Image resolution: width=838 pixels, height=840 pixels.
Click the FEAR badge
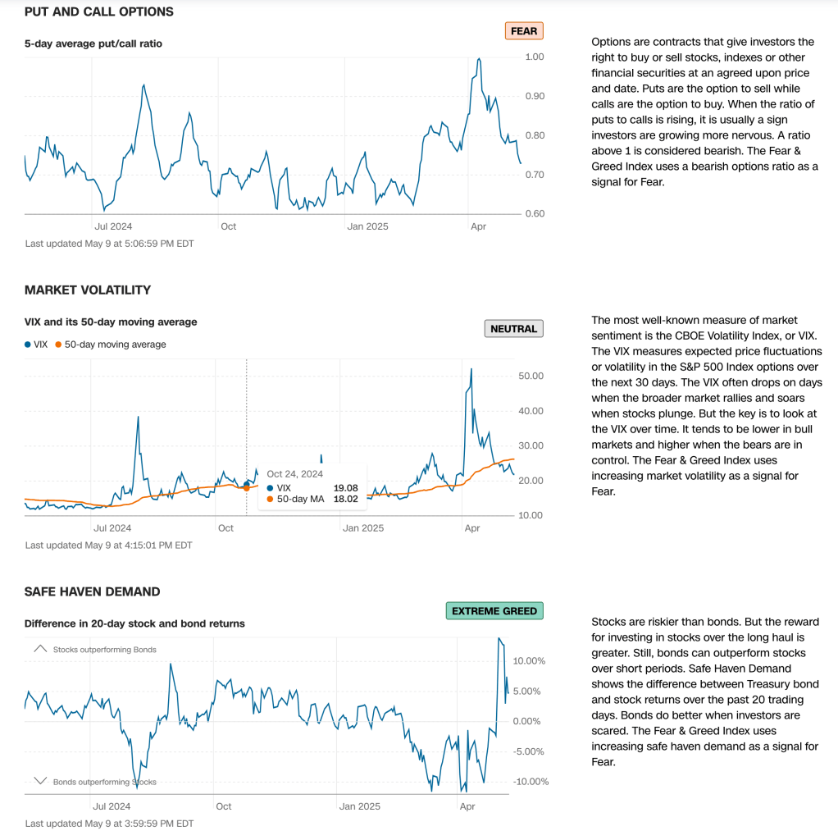click(523, 31)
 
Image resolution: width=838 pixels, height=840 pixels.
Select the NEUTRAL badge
click(513, 329)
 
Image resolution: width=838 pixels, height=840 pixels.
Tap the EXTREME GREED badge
click(494, 611)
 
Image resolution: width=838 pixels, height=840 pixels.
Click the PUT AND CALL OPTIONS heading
click(99, 12)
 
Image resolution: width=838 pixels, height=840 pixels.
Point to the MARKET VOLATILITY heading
click(88, 290)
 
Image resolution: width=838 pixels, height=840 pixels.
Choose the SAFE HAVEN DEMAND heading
click(93, 591)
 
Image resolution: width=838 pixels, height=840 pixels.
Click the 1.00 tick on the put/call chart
click(534, 57)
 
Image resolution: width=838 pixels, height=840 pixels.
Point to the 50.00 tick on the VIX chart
click(532, 376)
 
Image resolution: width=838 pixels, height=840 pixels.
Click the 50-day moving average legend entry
click(115, 345)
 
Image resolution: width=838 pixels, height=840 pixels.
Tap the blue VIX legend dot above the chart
click(27, 345)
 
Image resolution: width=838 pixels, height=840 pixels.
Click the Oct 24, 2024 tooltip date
click(294, 473)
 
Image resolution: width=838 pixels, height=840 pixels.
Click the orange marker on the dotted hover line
click(247, 488)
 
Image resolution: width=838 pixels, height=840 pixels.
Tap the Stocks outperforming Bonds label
click(104, 650)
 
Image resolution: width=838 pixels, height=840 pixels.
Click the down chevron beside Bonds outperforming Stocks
click(40, 781)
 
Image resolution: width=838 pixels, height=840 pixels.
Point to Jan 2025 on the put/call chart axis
click(367, 226)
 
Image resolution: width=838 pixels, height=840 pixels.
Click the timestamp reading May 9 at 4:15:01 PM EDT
click(108, 545)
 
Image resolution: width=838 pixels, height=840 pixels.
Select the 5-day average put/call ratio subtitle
click(93, 43)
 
